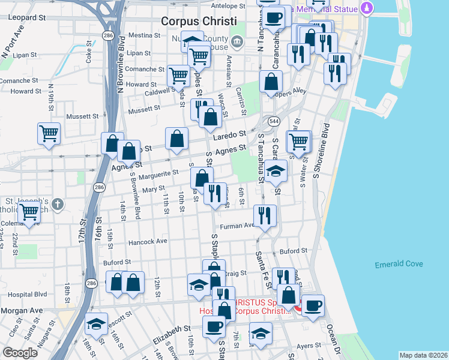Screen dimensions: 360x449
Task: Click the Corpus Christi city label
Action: point(204,20)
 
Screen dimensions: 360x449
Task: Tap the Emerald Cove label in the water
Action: point(399,264)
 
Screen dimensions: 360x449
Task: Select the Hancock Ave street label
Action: point(148,242)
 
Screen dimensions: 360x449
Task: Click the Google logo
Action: point(20,353)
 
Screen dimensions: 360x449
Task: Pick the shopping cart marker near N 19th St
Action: point(49,134)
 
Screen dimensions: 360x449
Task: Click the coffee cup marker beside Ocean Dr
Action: point(312,305)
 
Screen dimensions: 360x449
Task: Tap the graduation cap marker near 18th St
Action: point(96,324)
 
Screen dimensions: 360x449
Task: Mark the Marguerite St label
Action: point(158,174)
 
